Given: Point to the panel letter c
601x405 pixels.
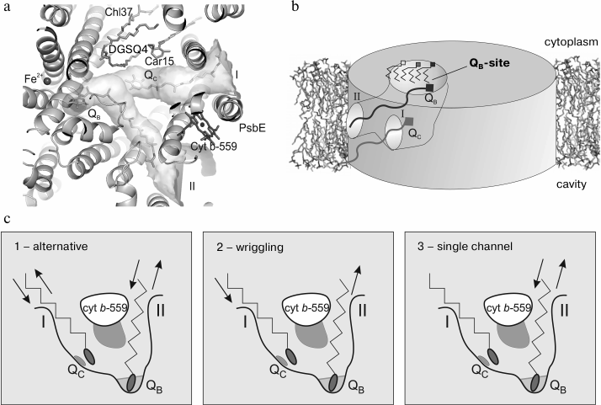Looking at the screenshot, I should tap(8, 219).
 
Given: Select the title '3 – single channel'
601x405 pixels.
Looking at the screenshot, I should tap(471, 246).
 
